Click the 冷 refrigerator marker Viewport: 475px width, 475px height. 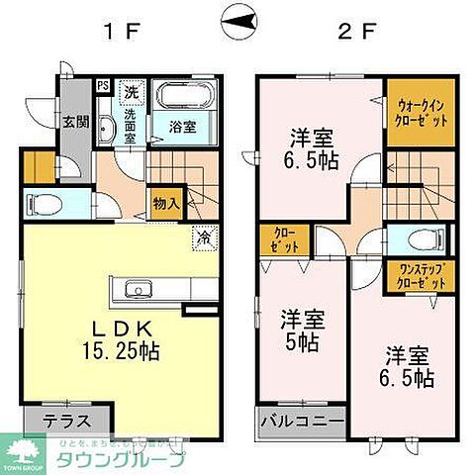(x=202, y=237)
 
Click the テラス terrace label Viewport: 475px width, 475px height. (x=69, y=420)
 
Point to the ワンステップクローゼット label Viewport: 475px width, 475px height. (x=415, y=276)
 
